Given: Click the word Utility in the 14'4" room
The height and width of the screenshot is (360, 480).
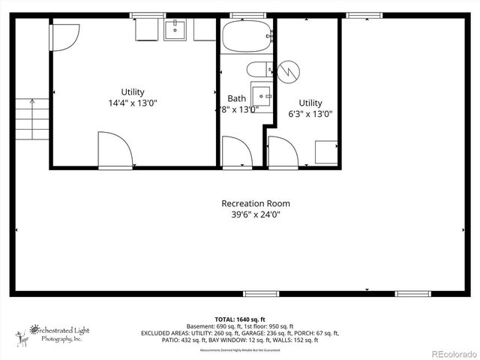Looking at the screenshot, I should (133, 92).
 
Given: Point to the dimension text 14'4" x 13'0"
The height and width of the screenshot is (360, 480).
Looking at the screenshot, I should (133, 103).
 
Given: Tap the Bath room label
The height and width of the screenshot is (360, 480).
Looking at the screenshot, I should (236, 98).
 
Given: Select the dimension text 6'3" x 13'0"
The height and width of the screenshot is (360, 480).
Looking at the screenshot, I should (310, 114).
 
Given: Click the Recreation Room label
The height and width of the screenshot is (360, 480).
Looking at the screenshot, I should (255, 203).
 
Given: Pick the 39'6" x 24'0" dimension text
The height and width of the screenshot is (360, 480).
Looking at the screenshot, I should (255, 214).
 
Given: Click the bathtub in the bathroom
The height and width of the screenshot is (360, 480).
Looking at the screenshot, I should (245, 35).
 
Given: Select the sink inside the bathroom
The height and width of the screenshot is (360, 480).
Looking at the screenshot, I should (262, 96).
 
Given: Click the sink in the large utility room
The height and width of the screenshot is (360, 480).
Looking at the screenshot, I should (174, 29).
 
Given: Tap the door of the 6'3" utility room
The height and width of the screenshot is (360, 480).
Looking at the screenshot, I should (282, 151).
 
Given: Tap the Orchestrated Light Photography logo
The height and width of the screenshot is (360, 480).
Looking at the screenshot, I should (52, 332).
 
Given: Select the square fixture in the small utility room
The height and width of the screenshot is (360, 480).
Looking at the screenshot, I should (325, 152).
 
